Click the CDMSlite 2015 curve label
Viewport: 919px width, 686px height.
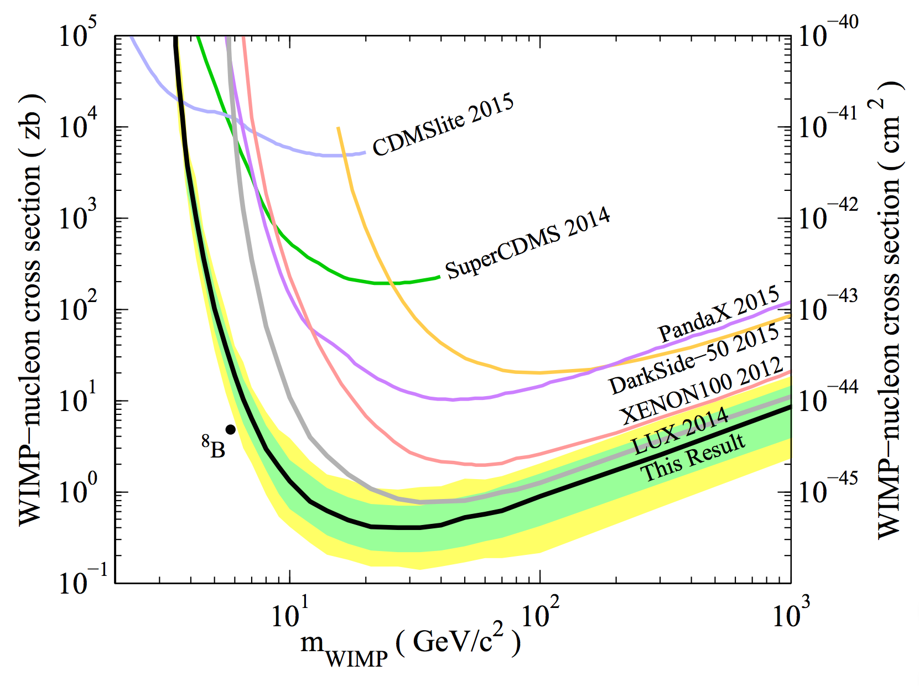(443, 125)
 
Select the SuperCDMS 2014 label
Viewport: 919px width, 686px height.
(528, 243)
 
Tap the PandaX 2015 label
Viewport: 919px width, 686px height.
(718, 315)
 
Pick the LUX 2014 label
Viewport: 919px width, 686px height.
(680, 431)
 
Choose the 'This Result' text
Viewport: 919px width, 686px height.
(693, 457)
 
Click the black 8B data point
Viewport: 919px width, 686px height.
(231, 429)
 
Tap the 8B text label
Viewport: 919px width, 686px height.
(214, 448)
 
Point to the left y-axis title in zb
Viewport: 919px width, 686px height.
(30, 310)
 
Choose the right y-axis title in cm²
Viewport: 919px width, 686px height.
(890, 310)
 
